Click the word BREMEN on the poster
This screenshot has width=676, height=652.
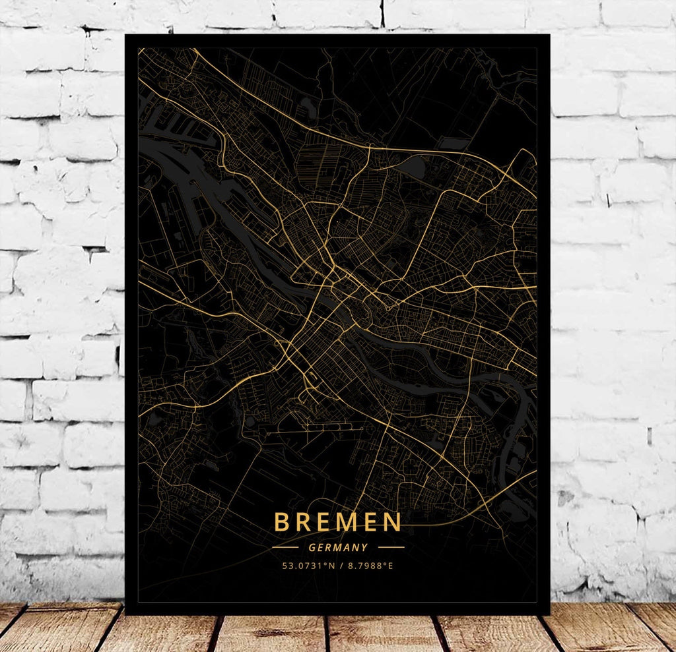(337, 522)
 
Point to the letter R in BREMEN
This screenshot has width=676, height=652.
(303, 522)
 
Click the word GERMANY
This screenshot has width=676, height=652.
(337, 547)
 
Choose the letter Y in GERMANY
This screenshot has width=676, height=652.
(364, 547)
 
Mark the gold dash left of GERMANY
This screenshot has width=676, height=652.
(285, 547)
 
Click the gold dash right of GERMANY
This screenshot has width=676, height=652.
(391, 547)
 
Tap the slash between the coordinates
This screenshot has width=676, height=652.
(337, 566)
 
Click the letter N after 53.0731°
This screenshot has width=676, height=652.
(327, 566)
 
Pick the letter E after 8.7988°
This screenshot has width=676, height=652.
(390, 566)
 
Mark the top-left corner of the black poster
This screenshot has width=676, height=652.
(126, 36)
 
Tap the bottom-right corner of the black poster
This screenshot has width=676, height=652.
(549, 614)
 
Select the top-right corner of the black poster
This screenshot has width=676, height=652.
(549, 36)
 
